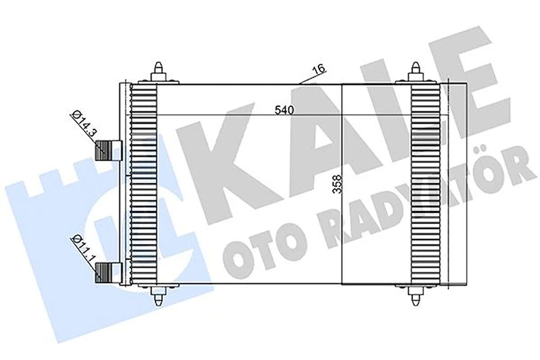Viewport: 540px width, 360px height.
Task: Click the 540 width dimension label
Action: pos(284,110)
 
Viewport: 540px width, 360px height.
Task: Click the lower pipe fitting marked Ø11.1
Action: pos(108,273)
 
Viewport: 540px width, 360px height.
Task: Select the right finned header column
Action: pos(425,183)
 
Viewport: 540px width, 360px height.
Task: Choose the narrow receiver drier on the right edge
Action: pos(457,183)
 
